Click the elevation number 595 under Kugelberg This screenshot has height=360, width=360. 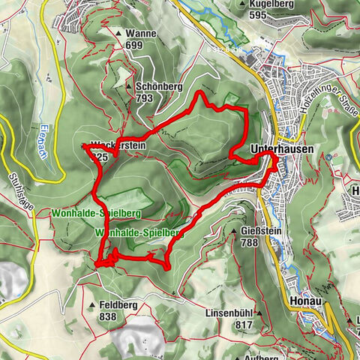click(259, 15)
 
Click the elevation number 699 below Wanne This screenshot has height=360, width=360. click(135, 46)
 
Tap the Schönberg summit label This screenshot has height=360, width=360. click(160, 86)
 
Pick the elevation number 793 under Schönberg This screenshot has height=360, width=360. click(145, 97)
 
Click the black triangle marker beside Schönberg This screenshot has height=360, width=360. click(132, 86)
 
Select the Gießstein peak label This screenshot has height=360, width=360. click(262, 230)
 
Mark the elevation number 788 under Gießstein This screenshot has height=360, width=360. click(250, 241)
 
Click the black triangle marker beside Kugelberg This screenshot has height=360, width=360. click(241, 4)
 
